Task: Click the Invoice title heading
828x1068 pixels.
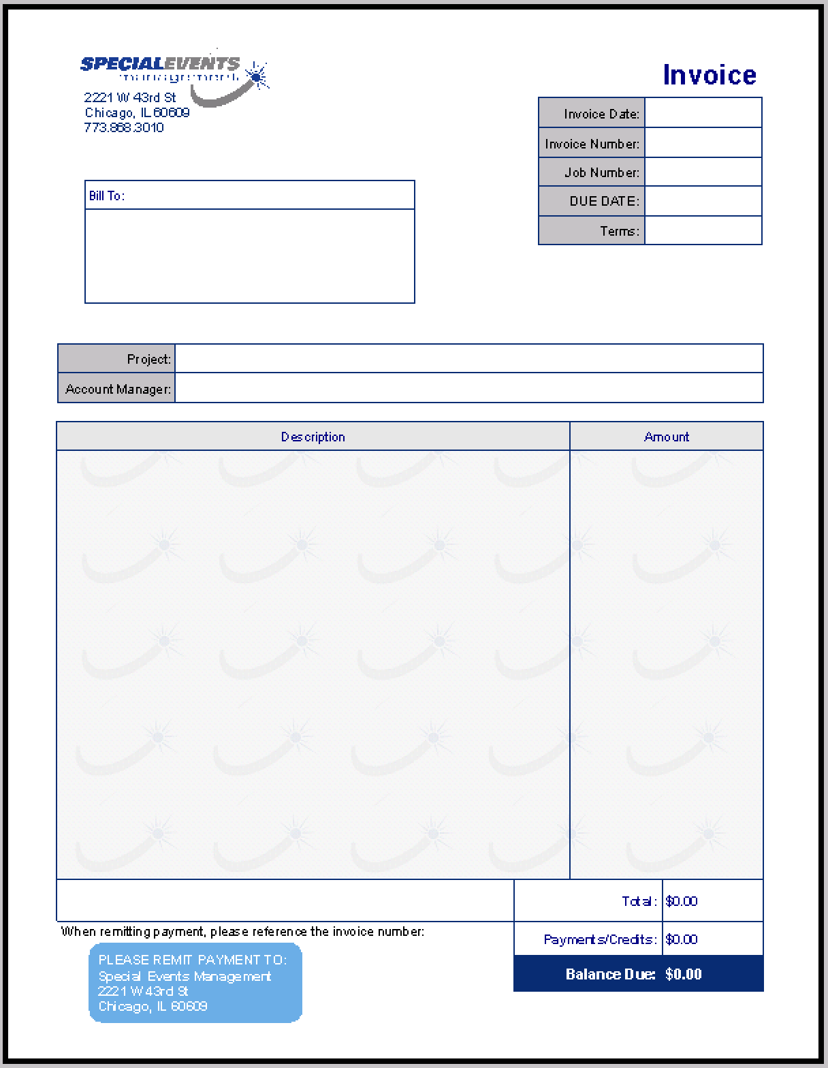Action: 709,75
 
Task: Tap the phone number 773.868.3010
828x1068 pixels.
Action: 124,127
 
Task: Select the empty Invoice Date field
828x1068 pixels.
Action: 703,113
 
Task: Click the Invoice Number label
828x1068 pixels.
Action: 592,144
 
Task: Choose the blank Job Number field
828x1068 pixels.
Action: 703,172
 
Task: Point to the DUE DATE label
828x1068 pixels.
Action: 604,201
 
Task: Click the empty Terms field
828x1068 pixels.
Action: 703,231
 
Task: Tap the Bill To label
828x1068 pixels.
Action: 107,195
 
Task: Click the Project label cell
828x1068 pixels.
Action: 116,359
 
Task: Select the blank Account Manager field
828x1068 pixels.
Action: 468,388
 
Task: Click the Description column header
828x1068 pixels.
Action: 313,437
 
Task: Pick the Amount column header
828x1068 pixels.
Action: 666,437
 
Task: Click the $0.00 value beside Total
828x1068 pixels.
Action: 682,901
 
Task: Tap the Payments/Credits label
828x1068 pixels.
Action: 600,939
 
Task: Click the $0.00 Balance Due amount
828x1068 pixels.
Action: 684,974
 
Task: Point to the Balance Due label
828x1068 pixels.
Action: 610,974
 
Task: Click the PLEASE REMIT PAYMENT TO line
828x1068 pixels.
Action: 193,960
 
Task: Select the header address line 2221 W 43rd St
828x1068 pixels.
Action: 130,97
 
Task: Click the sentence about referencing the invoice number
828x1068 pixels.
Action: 242,931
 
